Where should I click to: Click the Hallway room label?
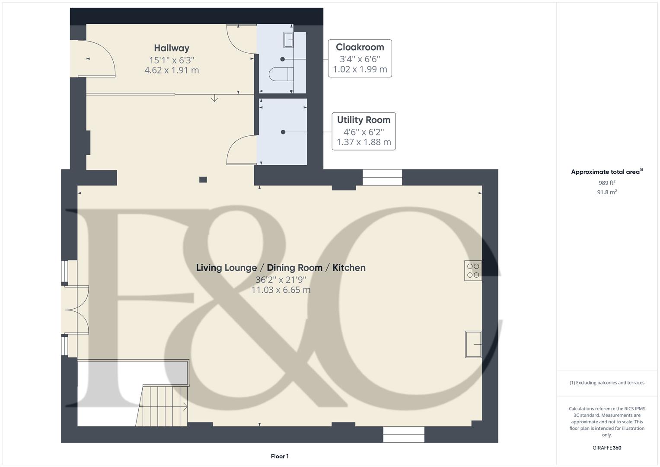point(172,48)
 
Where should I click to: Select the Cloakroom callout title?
point(360,47)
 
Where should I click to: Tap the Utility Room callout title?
point(363,120)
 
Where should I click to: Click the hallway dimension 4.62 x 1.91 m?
point(172,70)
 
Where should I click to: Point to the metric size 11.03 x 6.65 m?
point(281,290)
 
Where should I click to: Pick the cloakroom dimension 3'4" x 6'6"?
point(360,59)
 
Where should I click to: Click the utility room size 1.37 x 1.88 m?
point(363,142)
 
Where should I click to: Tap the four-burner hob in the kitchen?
point(473,271)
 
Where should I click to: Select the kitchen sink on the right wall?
point(473,344)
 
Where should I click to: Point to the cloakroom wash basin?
point(288,40)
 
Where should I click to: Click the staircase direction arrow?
point(185,406)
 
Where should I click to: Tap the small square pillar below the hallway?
point(203,179)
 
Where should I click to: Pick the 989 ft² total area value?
point(606,183)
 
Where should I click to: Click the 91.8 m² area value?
point(606,192)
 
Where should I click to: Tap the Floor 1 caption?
point(280,456)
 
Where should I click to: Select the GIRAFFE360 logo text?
point(606,448)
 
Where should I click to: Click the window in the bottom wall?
point(404,434)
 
